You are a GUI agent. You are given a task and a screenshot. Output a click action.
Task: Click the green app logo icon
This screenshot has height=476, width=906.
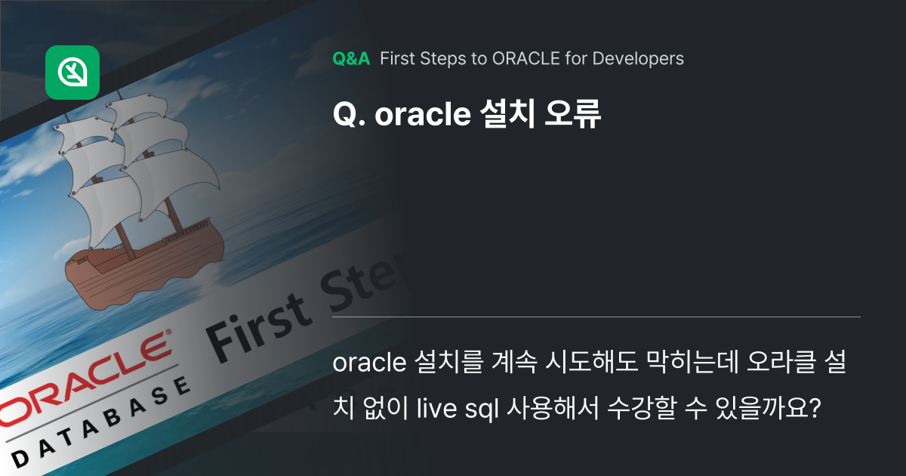72,73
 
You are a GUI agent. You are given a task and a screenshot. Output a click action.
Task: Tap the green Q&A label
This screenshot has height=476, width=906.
351,58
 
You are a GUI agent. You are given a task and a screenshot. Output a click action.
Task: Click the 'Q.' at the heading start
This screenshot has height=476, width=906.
349,114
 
